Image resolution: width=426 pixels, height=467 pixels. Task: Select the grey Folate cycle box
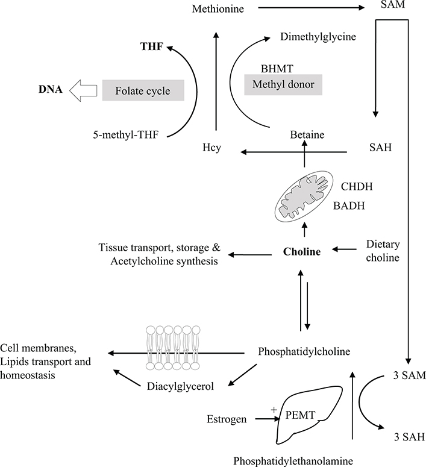(142, 91)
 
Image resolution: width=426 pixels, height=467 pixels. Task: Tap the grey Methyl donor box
(283, 85)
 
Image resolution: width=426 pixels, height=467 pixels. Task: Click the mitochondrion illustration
(304, 196)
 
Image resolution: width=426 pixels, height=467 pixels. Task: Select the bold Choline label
(303, 251)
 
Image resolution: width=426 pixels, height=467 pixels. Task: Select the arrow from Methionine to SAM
(308, 8)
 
